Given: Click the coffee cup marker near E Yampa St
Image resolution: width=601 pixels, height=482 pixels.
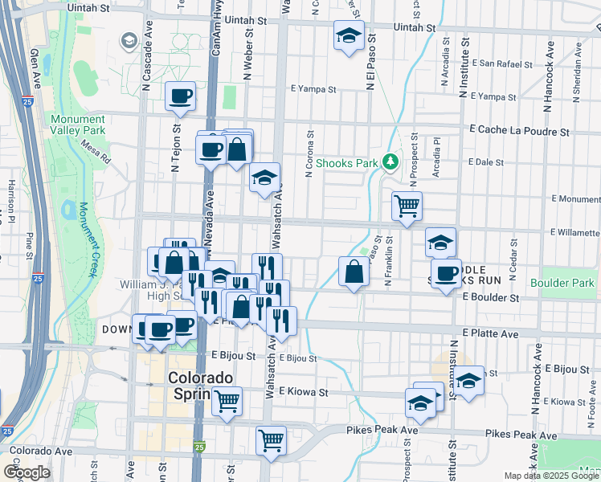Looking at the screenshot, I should (x=180, y=96).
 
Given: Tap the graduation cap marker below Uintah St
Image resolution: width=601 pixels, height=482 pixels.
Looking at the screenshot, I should (x=349, y=35).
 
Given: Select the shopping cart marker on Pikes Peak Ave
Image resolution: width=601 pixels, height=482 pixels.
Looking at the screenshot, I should (x=272, y=439).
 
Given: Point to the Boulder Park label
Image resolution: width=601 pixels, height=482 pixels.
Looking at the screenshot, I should (x=562, y=283).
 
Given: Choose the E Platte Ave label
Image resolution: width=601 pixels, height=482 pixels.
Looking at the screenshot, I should (x=488, y=331).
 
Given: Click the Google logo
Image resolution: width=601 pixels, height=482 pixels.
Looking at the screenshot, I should (x=26, y=472).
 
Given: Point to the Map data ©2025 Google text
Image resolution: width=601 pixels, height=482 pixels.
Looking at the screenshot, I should (x=551, y=476).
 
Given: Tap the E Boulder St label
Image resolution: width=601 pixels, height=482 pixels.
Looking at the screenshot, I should (x=491, y=297).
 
